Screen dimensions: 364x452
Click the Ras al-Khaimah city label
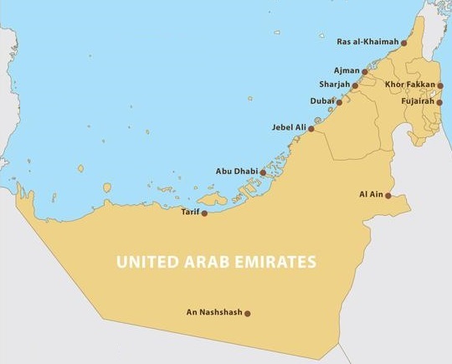point(362,41)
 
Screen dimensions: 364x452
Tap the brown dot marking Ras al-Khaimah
point(404,41)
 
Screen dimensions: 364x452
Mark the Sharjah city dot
point(355,85)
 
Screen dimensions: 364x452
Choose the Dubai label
point(321,101)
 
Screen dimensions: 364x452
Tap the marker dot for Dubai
point(339,101)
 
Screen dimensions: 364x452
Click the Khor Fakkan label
point(408,85)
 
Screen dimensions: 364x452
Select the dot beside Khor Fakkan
point(440,85)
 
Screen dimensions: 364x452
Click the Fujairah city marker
point(440,101)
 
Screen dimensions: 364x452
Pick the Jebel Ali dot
point(311,128)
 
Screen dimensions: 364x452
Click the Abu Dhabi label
point(236,172)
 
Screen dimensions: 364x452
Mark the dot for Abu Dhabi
point(263,172)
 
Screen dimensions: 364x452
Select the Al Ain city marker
point(388,195)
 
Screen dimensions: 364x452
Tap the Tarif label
point(190,213)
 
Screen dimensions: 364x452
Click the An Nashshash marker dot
point(247,313)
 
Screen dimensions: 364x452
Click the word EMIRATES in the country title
point(274,262)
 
